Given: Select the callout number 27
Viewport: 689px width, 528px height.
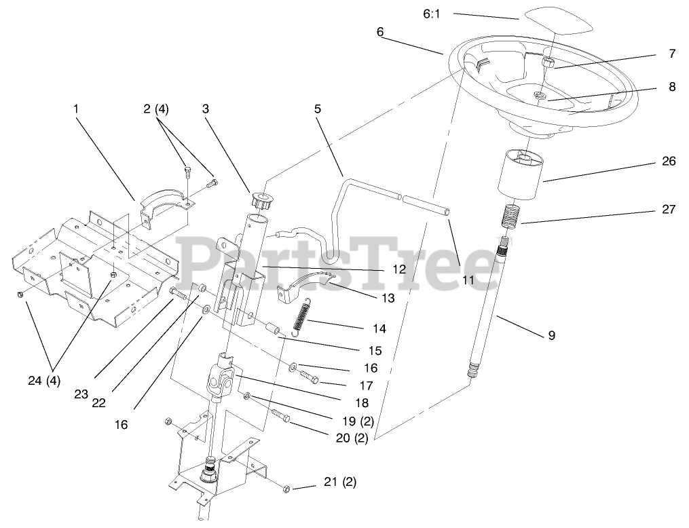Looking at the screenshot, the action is tap(669, 210).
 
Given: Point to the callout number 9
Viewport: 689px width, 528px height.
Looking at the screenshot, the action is tap(552, 335).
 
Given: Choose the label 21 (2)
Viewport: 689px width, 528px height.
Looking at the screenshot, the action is tap(340, 483).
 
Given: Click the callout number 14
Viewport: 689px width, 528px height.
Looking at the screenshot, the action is tap(379, 328).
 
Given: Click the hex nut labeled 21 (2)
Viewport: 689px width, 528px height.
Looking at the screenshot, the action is tap(286, 488).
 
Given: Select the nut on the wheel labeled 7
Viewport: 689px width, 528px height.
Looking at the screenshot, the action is tap(549, 64).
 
